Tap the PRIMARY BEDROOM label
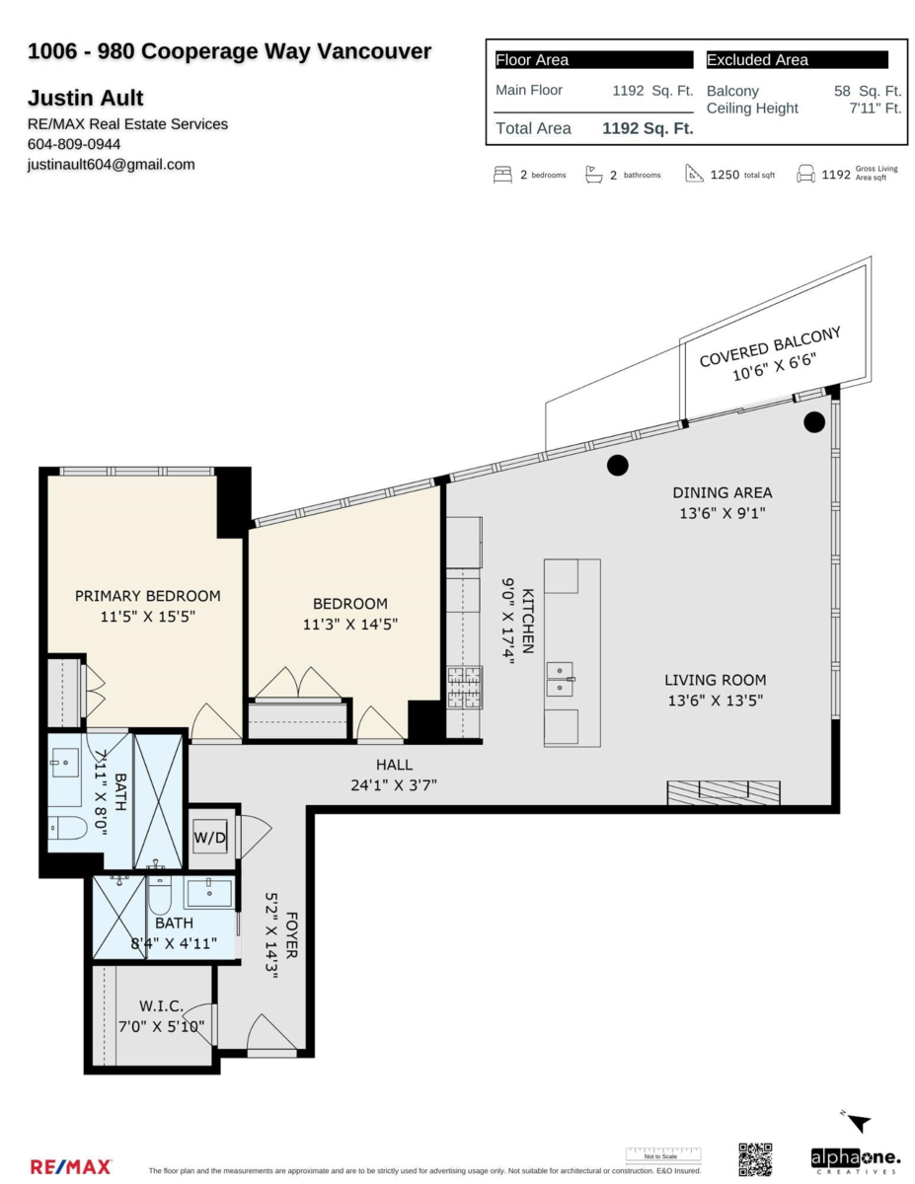coord(148,596)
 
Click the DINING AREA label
coord(723,492)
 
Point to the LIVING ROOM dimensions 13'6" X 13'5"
coord(715,701)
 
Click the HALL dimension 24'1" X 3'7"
coord(394,785)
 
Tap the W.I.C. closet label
coord(161,1005)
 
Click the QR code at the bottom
coord(755,1159)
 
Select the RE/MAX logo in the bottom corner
coord(71,1167)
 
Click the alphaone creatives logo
coord(855,1160)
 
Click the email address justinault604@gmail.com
coord(111,165)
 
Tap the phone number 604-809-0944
coord(74,144)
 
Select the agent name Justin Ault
coord(86,98)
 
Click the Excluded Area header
coord(757,60)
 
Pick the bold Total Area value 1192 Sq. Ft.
coord(648,128)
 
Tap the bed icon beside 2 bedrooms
coord(502,175)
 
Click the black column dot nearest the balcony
coord(813,422)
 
